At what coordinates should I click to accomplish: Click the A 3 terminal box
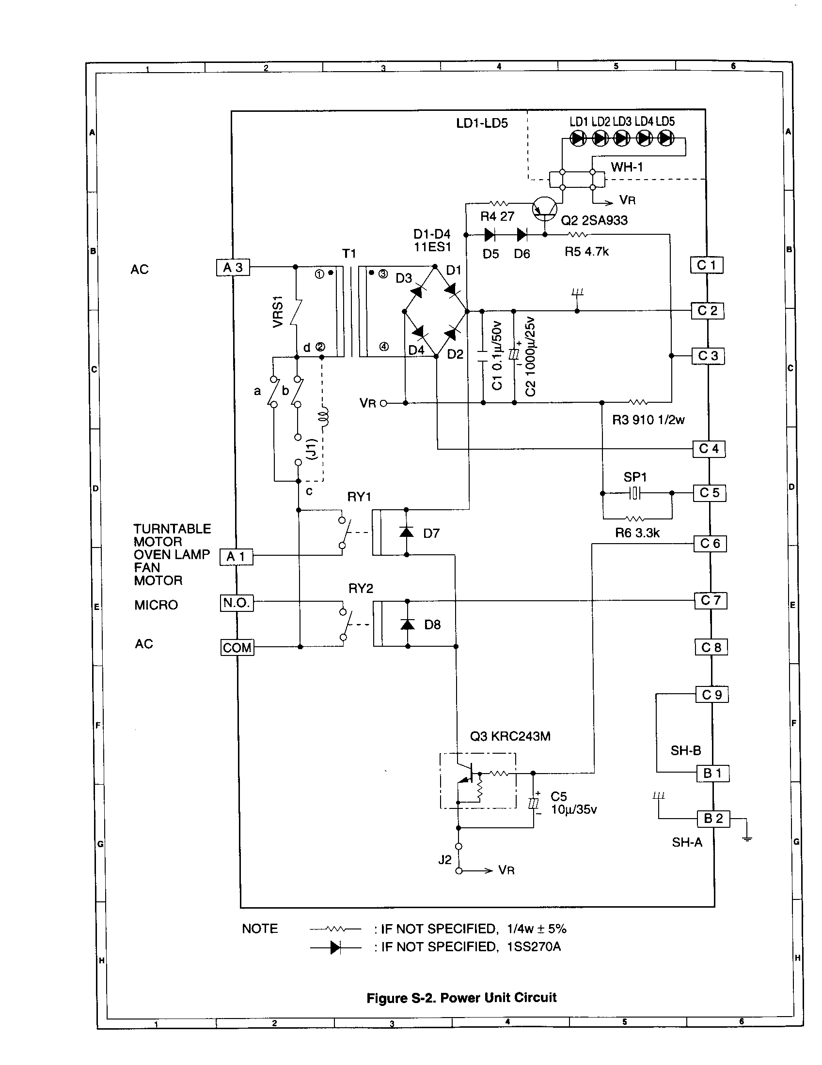click(233, 268)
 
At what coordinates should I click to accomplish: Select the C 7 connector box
click(711, 600)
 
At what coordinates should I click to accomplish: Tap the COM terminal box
click(237, 648)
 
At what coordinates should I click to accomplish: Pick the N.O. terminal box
click(237, 603)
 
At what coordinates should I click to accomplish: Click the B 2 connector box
click(713, 819)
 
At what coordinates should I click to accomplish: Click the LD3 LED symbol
click(621, 138)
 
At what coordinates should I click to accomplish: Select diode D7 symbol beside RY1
click(406, 532)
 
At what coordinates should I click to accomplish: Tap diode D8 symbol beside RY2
click(407, 624)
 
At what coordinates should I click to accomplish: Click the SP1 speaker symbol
click(634, 493)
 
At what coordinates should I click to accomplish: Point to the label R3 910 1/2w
click(648, 420)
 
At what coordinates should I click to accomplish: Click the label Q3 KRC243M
click(510, 736)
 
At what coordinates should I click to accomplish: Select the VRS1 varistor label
click(278, 312)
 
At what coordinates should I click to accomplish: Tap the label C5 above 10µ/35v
click(558, 796)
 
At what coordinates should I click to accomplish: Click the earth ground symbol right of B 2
click(747, 839)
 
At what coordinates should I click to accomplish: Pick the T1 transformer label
click(349, 254)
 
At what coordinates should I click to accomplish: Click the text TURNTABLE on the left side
click(173, 529)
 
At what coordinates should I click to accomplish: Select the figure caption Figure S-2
click(461, 998)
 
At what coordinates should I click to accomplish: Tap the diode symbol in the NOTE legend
click(335, 947)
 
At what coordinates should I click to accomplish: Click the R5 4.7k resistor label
click(586, 252)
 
